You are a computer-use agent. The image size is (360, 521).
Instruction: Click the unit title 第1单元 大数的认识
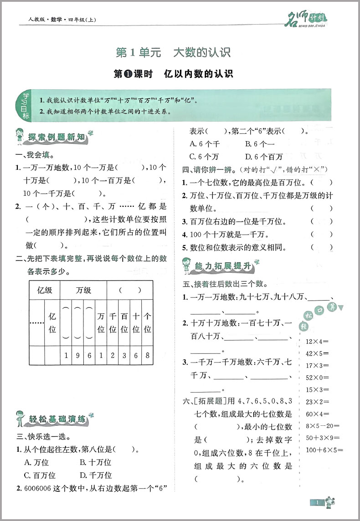(x=173, y=52)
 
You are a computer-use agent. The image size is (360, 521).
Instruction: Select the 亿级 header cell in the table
(x=45, y=290)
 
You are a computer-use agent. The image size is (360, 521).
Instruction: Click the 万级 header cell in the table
(x=83, y=290)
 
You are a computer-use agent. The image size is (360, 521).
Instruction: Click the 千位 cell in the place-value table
(x=113, y=322)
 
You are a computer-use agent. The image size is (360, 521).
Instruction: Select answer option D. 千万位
(x=95, y=475)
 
